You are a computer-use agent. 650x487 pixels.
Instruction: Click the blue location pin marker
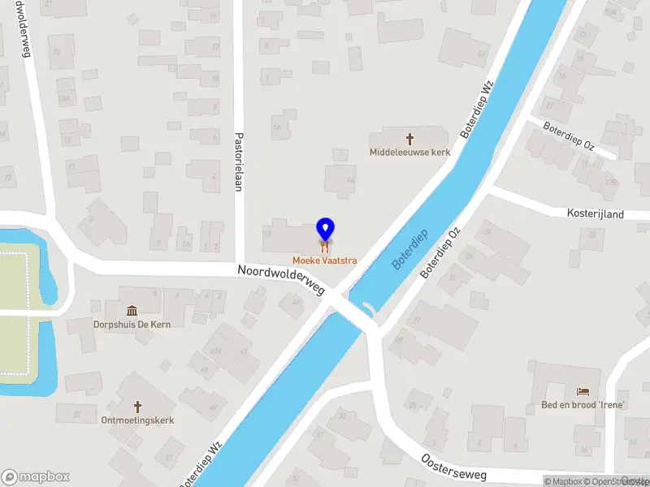coord(325,229)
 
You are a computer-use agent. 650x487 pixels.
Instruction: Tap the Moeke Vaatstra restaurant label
coord(325,261)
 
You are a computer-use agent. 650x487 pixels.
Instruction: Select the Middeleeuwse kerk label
coord(409,152)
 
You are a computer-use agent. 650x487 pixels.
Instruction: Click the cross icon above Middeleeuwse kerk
coord(409,139)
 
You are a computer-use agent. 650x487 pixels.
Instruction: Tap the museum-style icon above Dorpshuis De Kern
coord(132,311)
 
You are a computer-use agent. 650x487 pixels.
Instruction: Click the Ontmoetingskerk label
coord(137,420)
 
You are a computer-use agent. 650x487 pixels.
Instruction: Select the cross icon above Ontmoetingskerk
coord(137,406)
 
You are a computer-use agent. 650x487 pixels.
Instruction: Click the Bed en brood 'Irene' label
coord(583,405)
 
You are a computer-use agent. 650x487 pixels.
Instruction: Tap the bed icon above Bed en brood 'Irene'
coord(583,392)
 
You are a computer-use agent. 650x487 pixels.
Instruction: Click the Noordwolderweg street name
coord(281,280)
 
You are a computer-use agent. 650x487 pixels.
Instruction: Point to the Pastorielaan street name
coord(239,162)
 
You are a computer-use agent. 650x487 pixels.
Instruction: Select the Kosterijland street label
coord(595,213)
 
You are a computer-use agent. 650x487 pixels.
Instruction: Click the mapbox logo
coord(36,477)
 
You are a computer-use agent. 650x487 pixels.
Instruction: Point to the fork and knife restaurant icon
coord(325,246)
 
